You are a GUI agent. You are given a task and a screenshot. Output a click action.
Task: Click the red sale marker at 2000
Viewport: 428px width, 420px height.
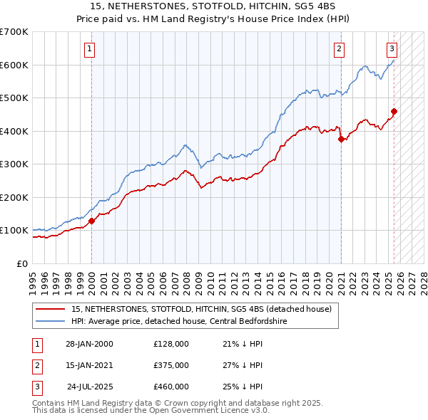pyautogui.click(x=92, y=221)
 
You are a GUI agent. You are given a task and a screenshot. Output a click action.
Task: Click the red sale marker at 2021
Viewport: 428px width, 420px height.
pyautogui.click(x=341, y=140)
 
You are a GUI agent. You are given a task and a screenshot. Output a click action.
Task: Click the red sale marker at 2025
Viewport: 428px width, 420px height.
pyautogui.click(x=394, y=111)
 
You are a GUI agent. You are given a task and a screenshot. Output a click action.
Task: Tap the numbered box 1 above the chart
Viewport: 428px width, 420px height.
pyautogui.click(x=89, y=49)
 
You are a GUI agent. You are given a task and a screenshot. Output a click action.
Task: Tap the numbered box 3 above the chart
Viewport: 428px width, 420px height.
pyautogui.click(x=392, y=49)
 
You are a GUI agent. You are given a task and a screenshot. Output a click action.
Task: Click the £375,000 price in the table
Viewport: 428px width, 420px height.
pyautogui.click(x=170, y=365)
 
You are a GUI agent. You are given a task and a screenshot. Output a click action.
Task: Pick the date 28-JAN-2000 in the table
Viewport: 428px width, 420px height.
pyautogui.click(x=89, y=344)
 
